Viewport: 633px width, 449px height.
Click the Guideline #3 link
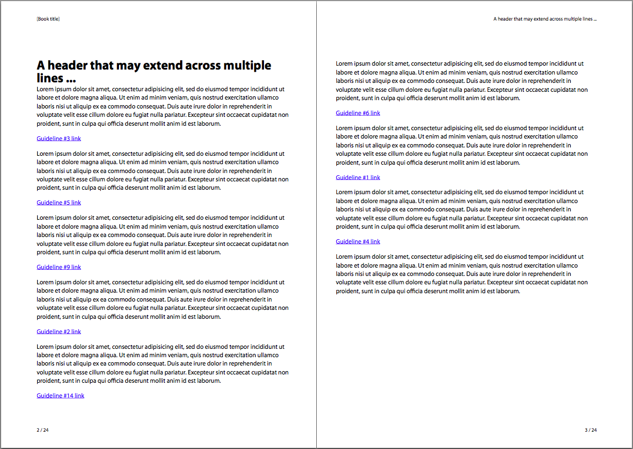pyautogui.click(x=59, y=139)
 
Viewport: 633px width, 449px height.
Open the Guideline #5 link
pyautogui.click(x=59, y=203)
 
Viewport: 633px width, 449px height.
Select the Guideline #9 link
pyautogui.click(x=59, y=267)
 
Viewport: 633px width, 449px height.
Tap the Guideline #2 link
pyautogui.click(x=59, y=332)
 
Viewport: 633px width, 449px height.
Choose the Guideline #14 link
pyautogui.click(x=61, y=396)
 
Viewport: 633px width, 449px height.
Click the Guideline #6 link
pyautogui.click(x=358, y=113)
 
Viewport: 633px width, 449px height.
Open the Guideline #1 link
pyautogui.click(x=358, y=177)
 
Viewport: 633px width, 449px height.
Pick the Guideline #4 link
pyautogui.click(x=358, y=241)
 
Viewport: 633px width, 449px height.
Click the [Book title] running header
pyautogui.click(x=48, y=19)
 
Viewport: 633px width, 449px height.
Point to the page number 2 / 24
pyautogui.click(x=43, y=430)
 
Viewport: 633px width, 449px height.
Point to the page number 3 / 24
pyautogui.click(x=591, y=430)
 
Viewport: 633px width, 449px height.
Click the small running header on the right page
pyautogui.click(x=545, y=19)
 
